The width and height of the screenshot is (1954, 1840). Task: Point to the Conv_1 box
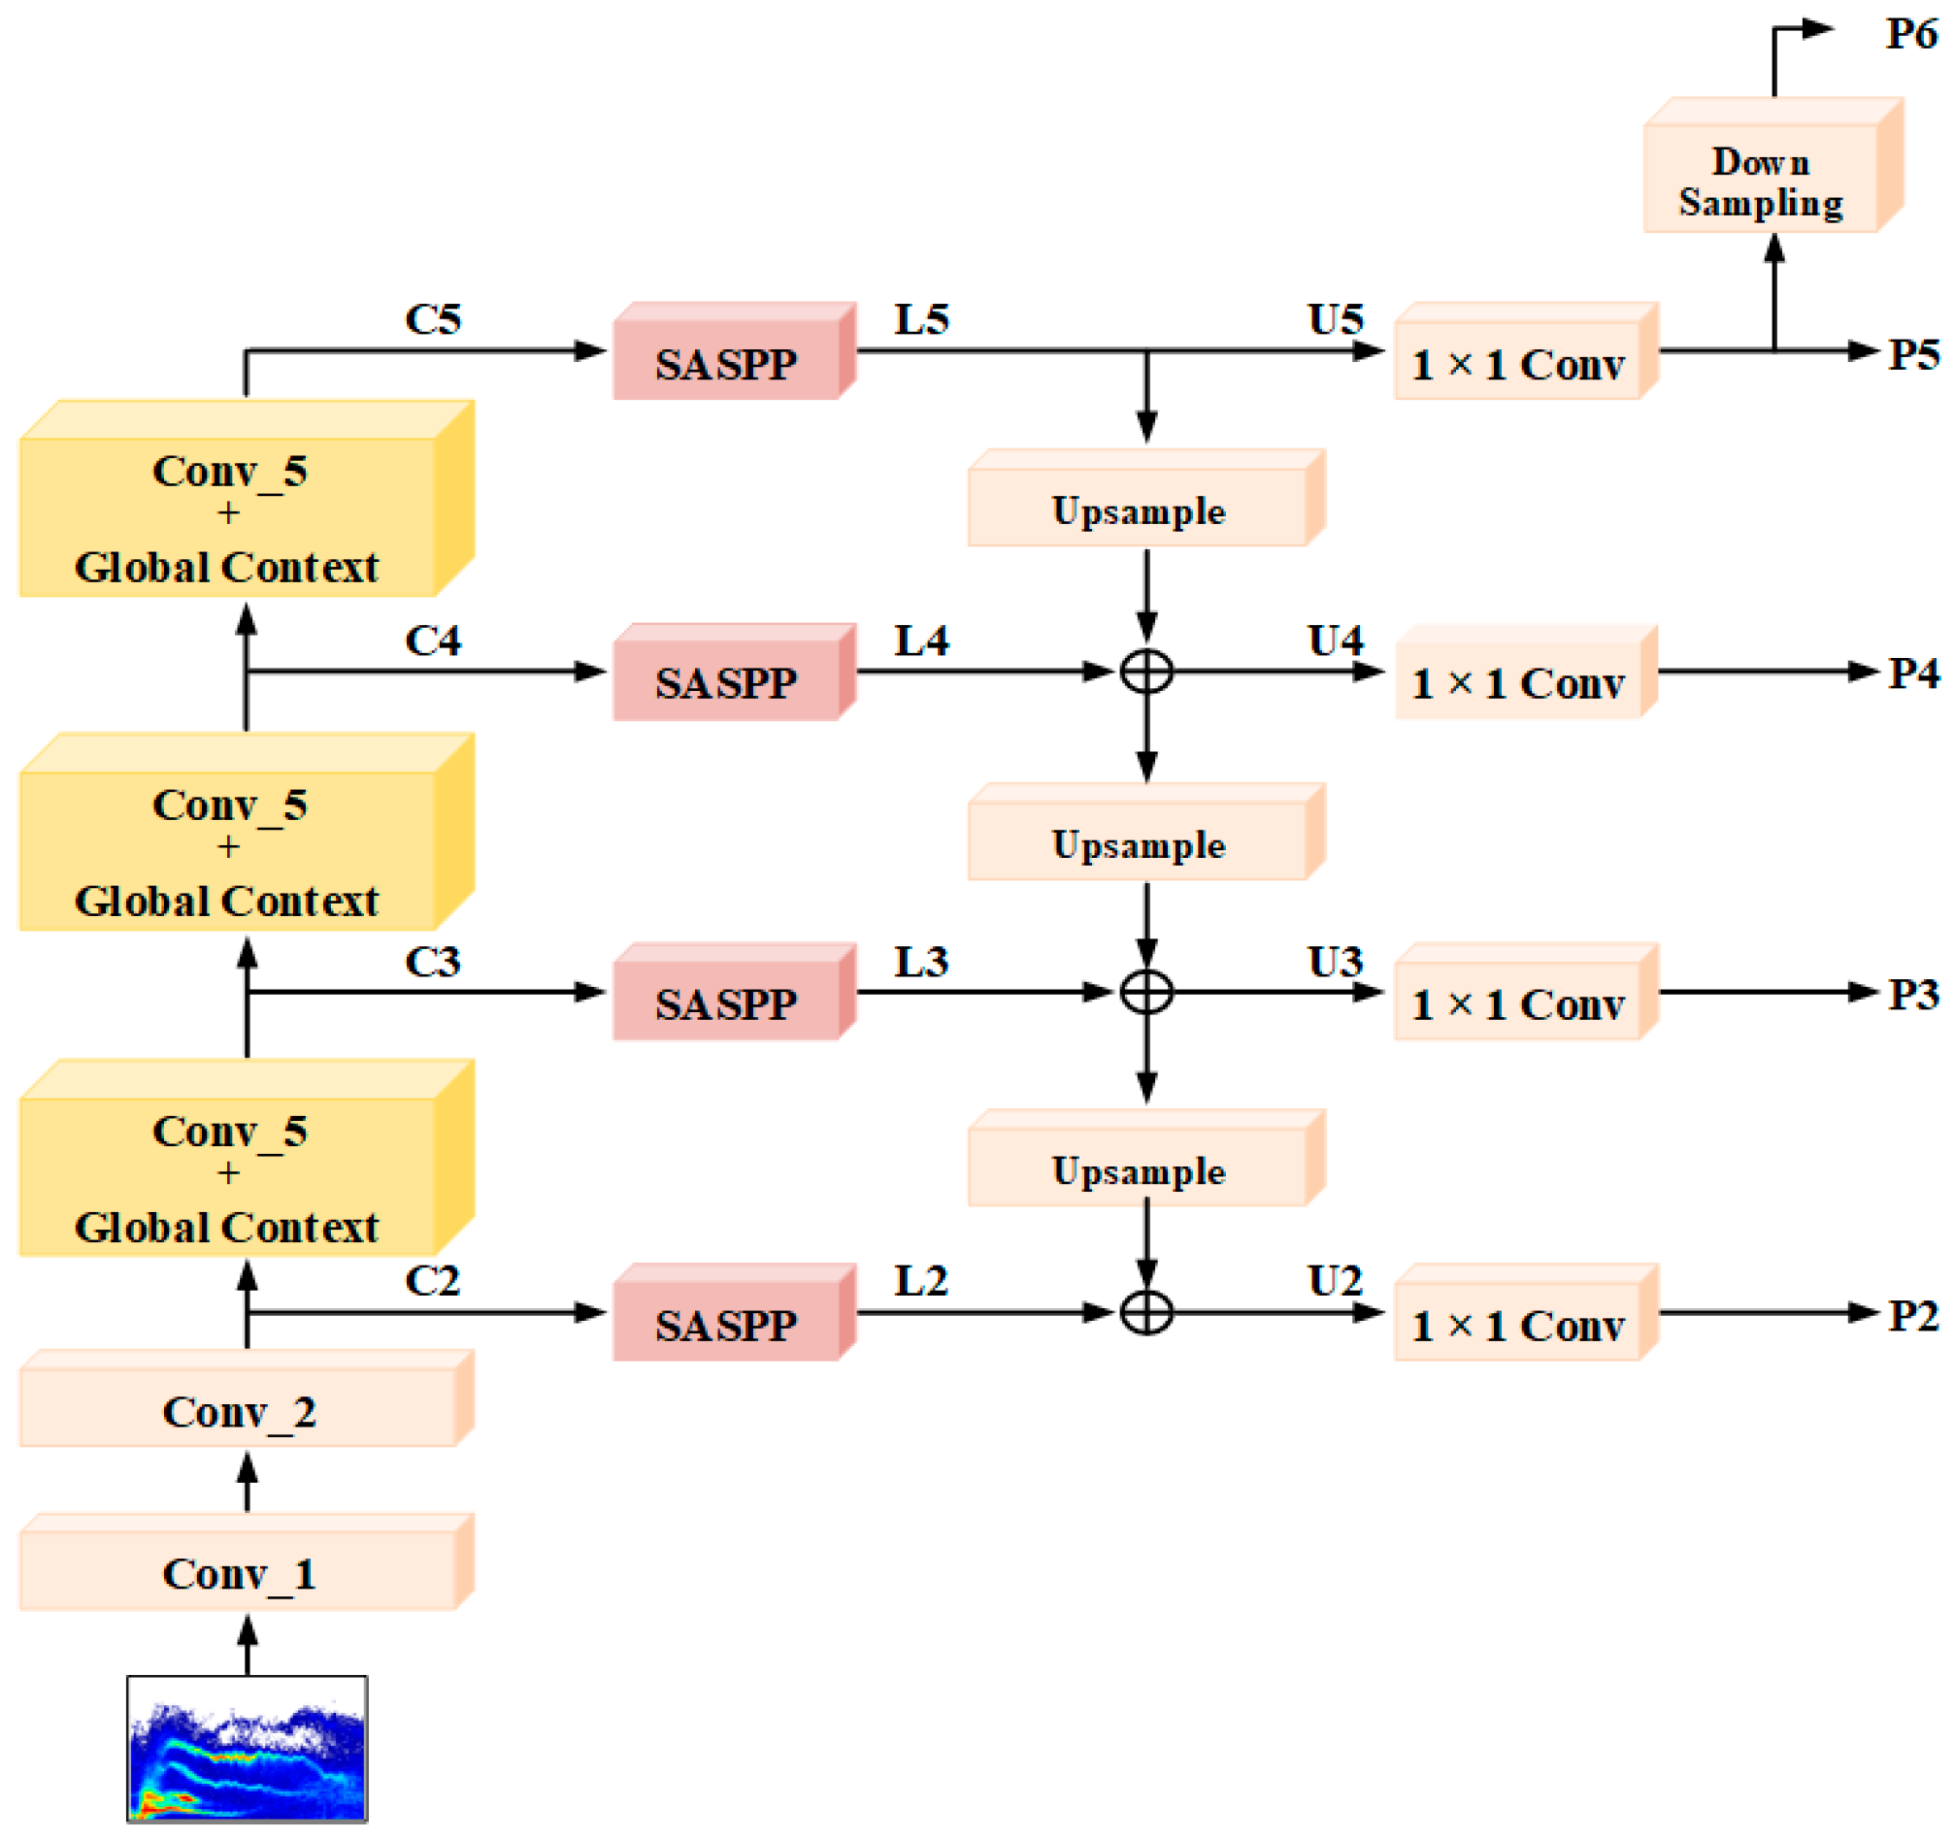pos(239,1574)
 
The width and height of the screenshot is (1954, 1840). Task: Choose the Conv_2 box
pos(239,1410)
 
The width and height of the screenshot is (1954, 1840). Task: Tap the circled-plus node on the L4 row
pos(1146,672)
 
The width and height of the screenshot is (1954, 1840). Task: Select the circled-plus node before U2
pos(1146,1311)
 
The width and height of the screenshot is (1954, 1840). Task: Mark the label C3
pos(433,962)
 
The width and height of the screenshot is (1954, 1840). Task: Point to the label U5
pos(1335,318)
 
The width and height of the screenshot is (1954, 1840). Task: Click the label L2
pos(921,1280)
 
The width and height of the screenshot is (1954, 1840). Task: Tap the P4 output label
pos(1912,674)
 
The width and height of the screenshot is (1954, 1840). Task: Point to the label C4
pos(433,640)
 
